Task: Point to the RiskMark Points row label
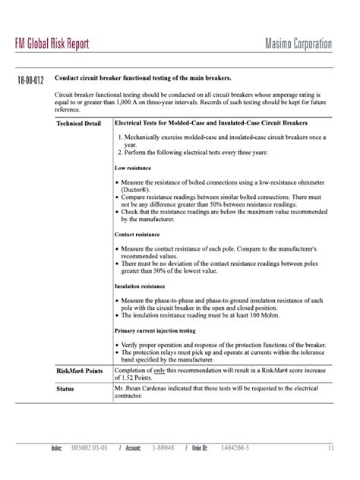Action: pos(80,371)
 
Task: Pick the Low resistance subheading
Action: pos(132,168)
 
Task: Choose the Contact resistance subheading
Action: pos(136,235)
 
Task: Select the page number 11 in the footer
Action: pos(331,449)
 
